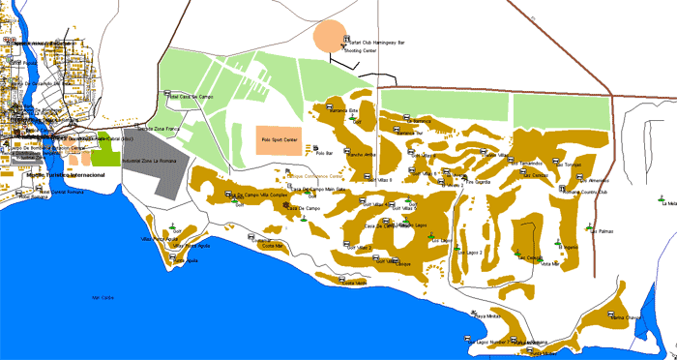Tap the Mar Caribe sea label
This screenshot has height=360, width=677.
point(102,297)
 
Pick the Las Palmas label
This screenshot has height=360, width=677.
point(602,231)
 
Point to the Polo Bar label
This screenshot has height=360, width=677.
point(334,153)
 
